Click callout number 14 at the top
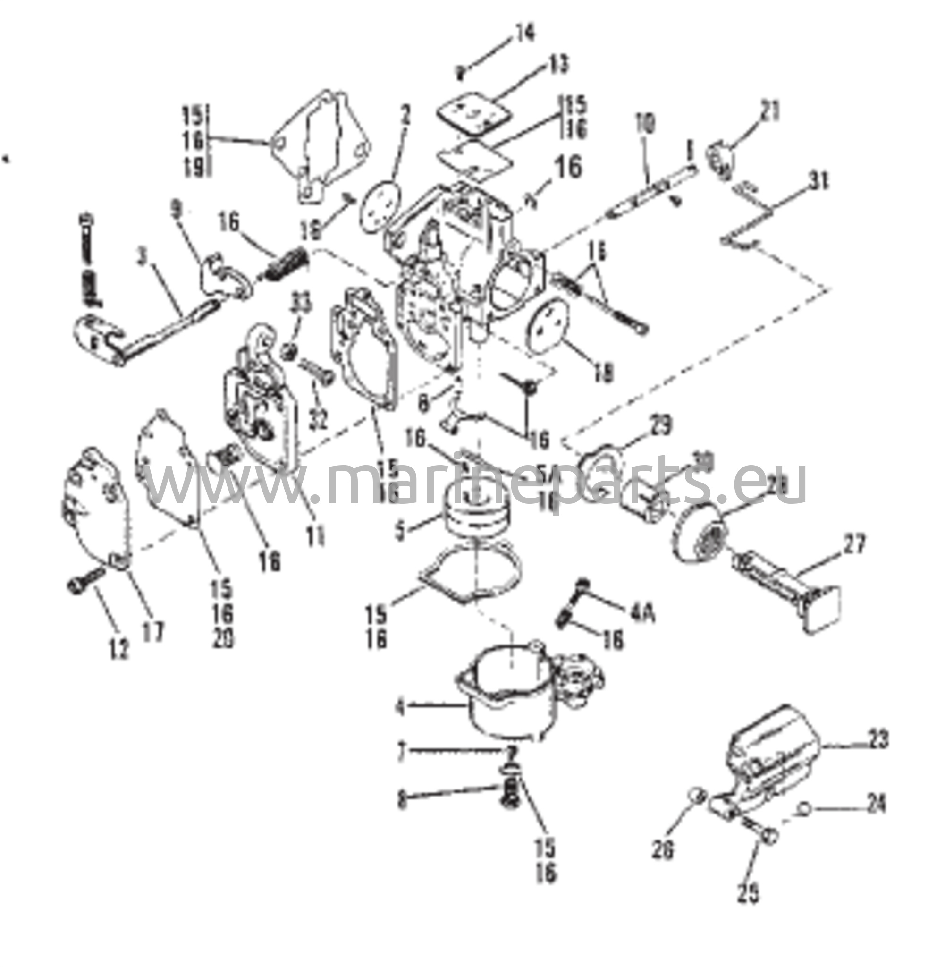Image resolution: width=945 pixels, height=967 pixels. click(524, 34)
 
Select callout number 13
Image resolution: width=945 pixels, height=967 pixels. click(557, 64)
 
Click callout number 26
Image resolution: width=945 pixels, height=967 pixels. click(663, 849)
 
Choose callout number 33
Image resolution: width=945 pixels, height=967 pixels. click(302, 302)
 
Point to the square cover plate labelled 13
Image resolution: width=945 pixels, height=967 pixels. click(474, 115)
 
